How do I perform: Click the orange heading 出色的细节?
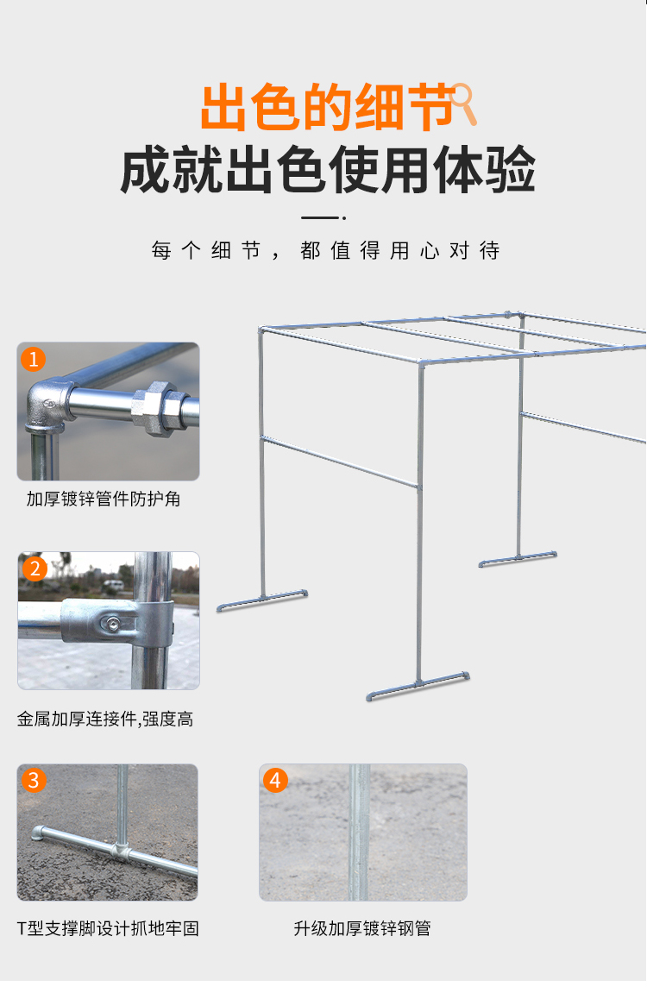tap(327, 107)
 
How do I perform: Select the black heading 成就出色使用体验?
tap(328, 169)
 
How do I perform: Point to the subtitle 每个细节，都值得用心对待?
tap(325, 250)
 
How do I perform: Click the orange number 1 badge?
tap(33, 360)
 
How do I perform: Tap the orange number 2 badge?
tap(35, 569)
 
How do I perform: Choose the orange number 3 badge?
tap(34, 780)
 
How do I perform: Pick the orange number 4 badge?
tap(275, 780)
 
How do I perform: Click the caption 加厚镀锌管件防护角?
tap(104, 499)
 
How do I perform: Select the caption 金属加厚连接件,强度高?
tap(105, 719)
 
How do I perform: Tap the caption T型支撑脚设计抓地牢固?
tap(108, 929)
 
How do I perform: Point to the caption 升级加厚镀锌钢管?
tap(362, 929)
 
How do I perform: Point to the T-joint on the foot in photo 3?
tap(120, 849)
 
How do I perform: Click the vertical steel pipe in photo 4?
tap(359, 832)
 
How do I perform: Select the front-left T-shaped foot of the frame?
tap(261, 600)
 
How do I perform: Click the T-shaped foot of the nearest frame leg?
tap(418, 686)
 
